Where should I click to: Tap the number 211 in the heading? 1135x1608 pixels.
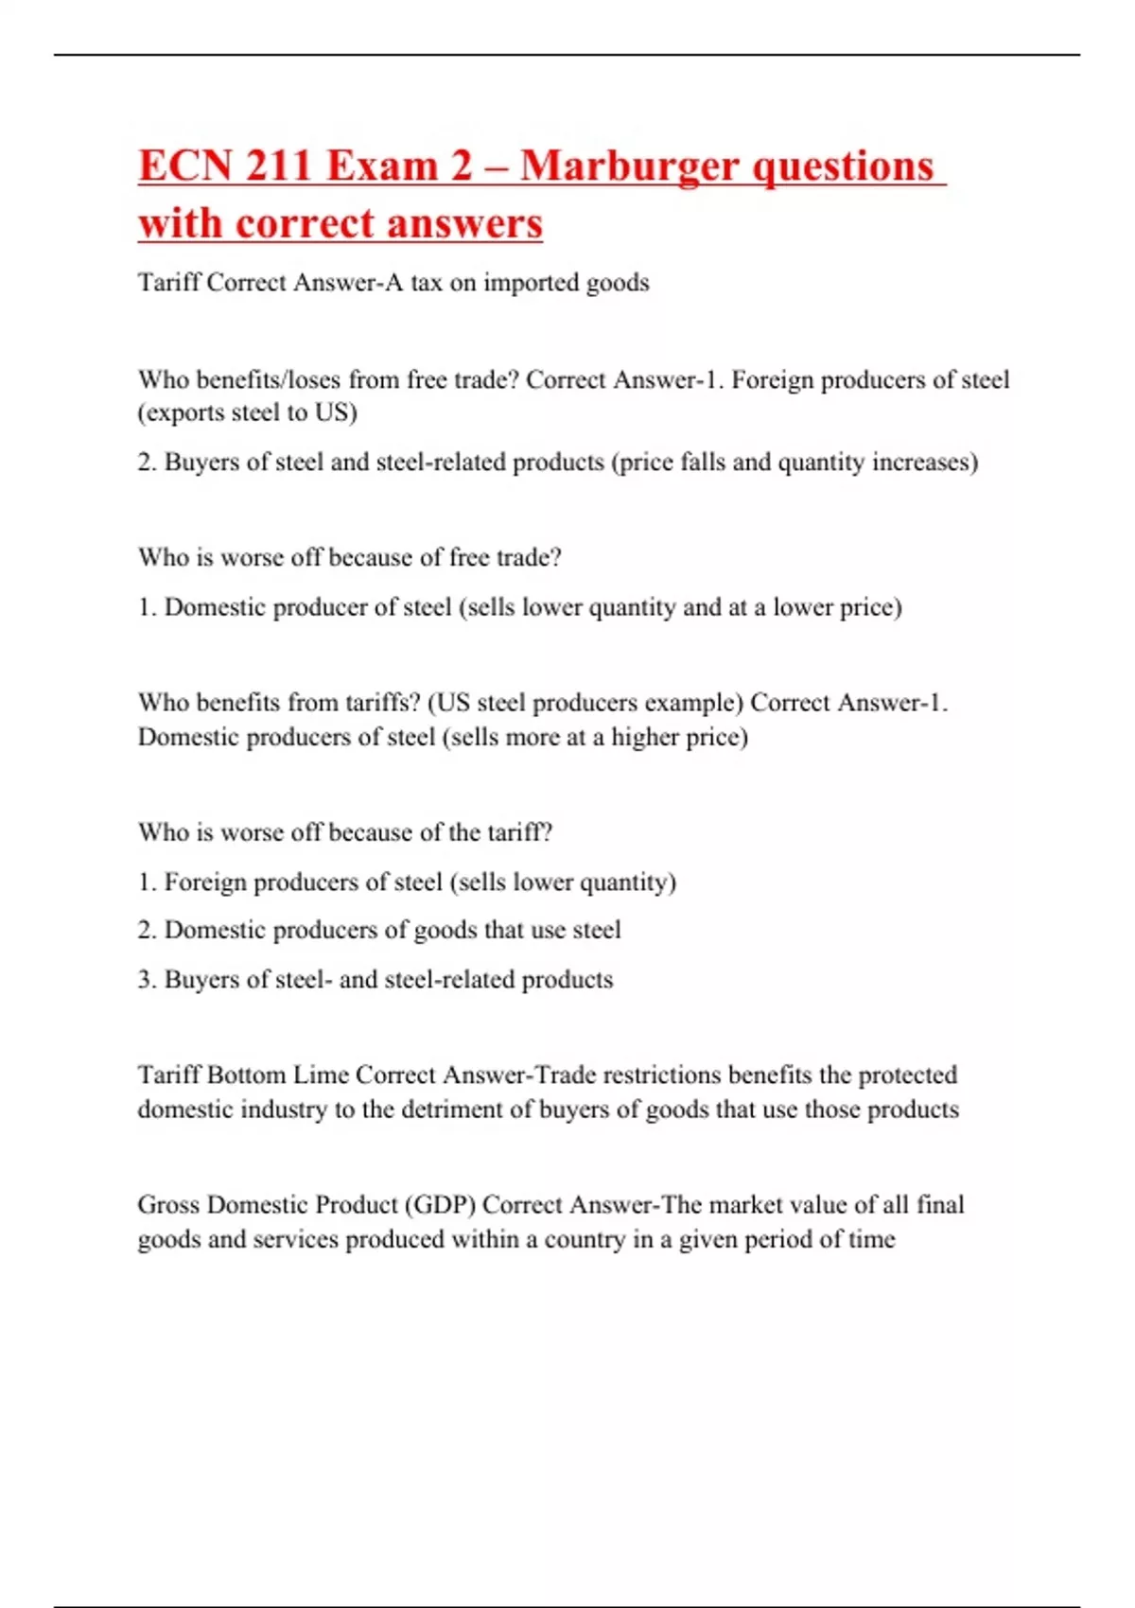tap(278, 166)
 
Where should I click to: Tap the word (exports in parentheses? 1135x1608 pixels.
tap(181, 413)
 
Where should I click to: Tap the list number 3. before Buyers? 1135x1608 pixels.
tap(147, 979)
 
